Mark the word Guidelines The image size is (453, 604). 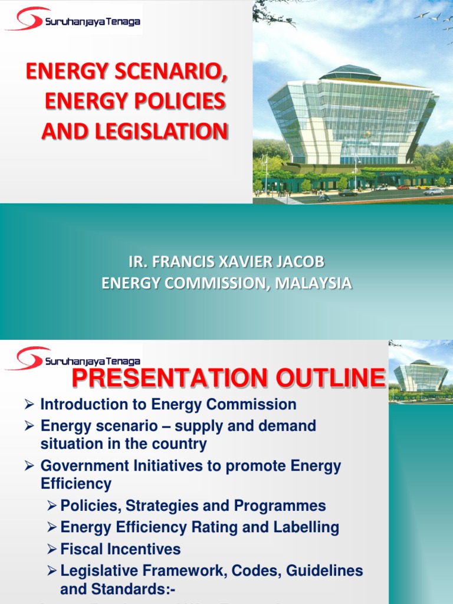click(x=323, y=571)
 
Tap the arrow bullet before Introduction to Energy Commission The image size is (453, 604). click(x=31, y=405)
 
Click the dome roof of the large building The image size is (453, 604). click(x=350, y=73)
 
